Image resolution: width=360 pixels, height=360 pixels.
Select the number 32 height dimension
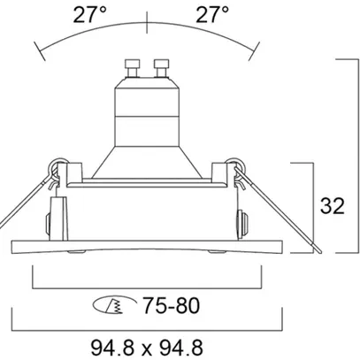[332, 207]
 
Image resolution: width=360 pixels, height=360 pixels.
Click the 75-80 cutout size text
[170, 306]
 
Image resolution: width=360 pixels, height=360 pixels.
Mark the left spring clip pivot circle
[57, 165]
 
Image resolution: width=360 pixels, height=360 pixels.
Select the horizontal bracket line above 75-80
[149, 287]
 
